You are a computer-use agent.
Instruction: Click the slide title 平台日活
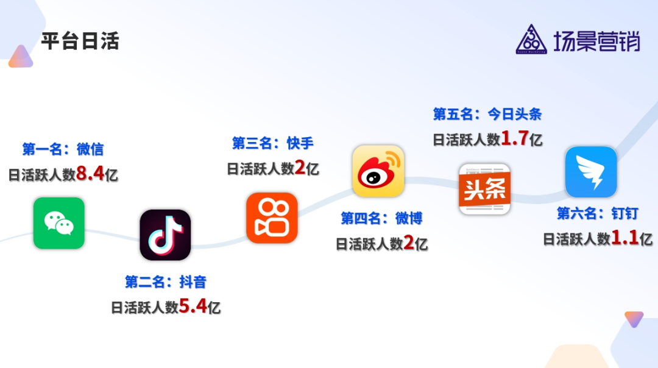[80, 41]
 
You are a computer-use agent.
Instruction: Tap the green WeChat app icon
[59, 223]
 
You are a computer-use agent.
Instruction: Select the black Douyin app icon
[165, 235]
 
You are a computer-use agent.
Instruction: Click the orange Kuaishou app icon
[272, 218]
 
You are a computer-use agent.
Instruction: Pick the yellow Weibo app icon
[378, 171]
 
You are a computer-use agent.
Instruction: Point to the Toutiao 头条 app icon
[485, 189]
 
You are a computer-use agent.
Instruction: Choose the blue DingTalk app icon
[591, 172]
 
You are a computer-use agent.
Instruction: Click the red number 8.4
[90, 174]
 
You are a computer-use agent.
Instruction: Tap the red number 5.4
[193, 306]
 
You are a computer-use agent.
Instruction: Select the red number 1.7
[515, 139]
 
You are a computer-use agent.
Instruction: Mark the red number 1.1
[625, 238]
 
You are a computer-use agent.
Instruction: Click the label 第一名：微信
[63, 149]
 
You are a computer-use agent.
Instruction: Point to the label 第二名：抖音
[166, 281]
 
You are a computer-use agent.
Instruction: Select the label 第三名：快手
[272, 143]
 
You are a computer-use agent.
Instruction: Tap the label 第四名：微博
[381, 218]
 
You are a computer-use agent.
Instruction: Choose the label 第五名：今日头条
[487, 114]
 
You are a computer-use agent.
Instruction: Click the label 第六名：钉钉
[598, 213]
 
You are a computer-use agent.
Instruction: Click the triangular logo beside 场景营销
[531, 40]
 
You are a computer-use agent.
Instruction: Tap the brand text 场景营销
[596, 41]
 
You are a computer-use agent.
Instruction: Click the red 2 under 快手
[300, 168]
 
